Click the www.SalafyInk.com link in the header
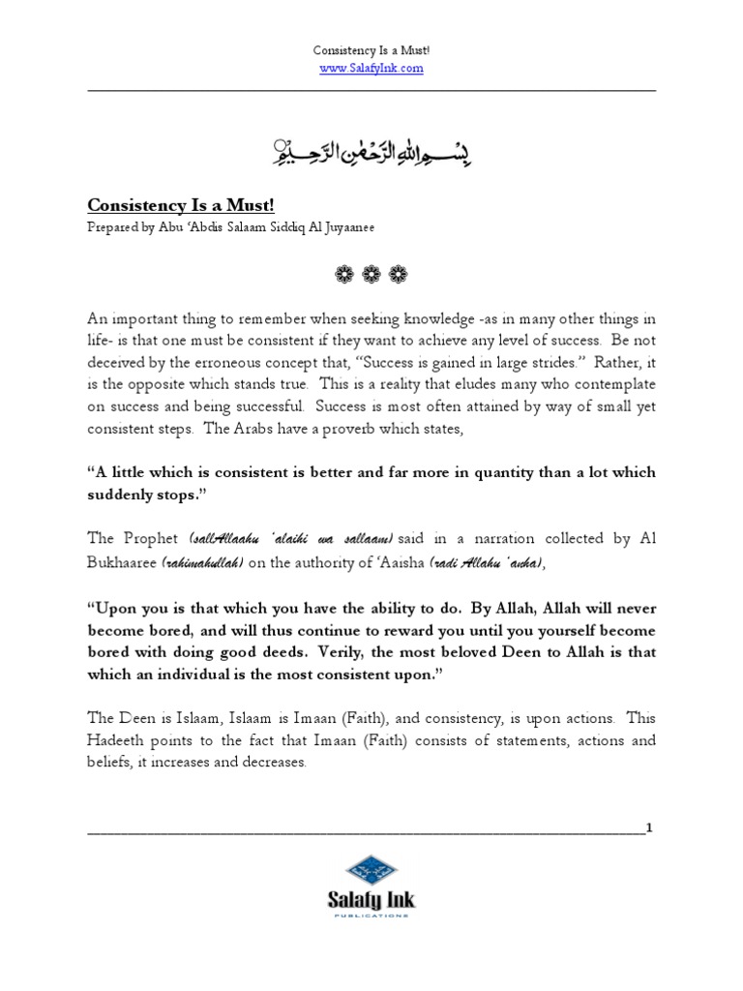[371, 69]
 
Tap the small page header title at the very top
[371, 50]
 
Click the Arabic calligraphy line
[371, 149]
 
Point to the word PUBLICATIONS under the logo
[371, 914]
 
